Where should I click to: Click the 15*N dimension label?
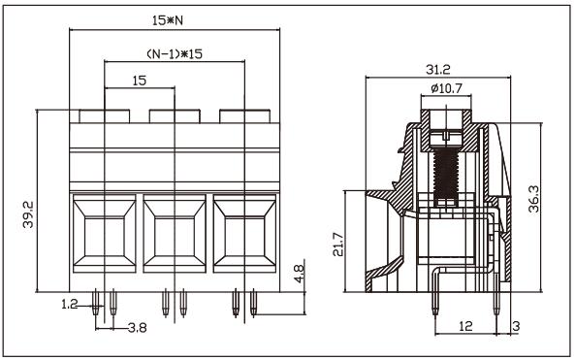168,21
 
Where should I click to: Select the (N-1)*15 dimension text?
175,54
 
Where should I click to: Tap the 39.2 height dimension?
28,214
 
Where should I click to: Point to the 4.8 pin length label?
300,274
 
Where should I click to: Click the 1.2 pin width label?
70,305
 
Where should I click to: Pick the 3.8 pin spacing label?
138,327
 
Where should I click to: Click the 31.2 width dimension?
438,69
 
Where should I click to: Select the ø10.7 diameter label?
446,88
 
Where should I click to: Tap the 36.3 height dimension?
534,199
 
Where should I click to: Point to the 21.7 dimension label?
338,245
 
